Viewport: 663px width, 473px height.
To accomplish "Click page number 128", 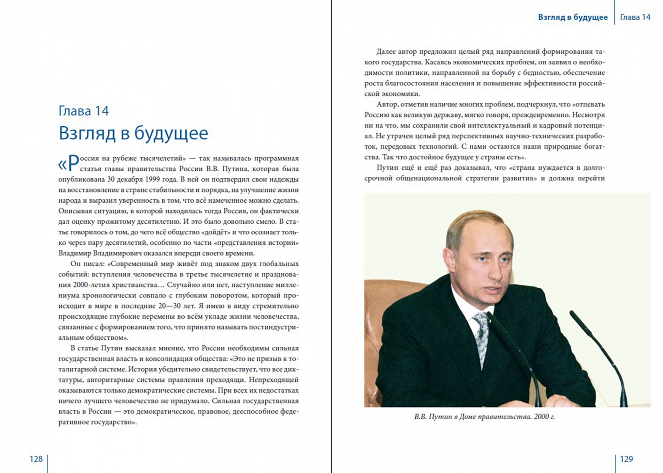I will click(36, 459).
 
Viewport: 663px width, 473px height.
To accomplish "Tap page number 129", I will click(626, 459).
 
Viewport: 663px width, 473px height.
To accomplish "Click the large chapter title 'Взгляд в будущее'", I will click(133, 133).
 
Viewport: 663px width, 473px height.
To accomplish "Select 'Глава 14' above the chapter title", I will click(84, 111).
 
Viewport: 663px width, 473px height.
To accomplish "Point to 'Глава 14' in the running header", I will click(635, 17).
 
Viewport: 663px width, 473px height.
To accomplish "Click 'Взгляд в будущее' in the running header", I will click(572, 17).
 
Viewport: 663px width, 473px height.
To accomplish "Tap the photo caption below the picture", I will click(484, 417).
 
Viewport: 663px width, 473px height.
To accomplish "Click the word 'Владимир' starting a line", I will click(75, 253).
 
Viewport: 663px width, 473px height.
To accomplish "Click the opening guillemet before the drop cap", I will click(62, 165).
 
